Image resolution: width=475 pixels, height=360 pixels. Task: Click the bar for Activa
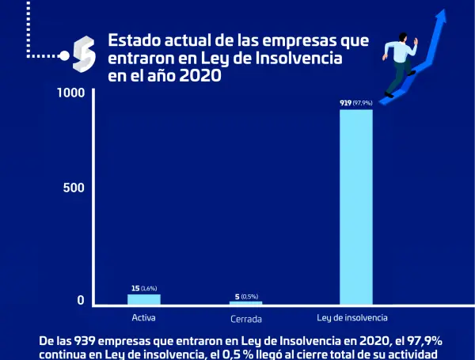coord(143,299)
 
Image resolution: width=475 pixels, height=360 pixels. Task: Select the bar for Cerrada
coord(245,303)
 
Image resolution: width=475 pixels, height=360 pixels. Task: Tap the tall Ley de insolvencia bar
coord(355,206)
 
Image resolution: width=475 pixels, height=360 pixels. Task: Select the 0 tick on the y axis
coord(80,301)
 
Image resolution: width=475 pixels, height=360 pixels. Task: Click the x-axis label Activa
coord(143,318)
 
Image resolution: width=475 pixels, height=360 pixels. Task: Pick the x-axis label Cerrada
coord(246,319)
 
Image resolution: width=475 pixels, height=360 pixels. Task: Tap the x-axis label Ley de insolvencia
coord(352,318)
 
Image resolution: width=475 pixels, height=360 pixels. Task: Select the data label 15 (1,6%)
coord(143,289)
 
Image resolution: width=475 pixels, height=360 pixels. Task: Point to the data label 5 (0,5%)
coord(246,297)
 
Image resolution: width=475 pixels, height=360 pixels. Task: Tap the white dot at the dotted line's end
coord(63,55)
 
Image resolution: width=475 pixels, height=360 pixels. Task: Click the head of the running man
coord(403,37)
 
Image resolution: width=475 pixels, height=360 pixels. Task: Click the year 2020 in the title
coord(198,78)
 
